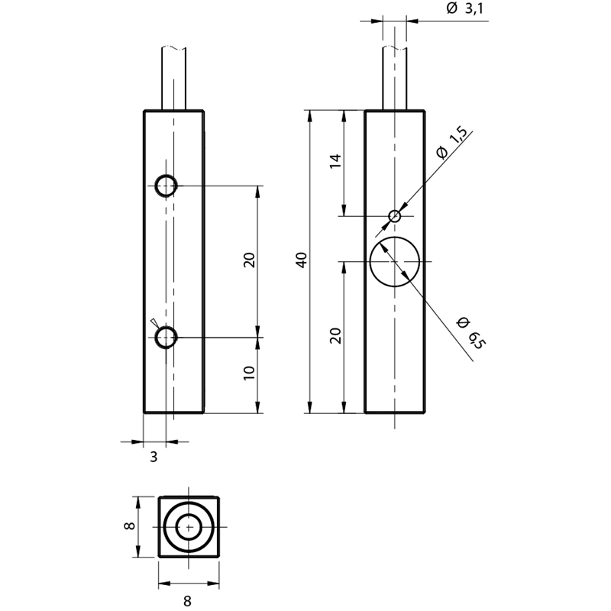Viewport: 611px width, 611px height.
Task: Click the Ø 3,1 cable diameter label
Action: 464,8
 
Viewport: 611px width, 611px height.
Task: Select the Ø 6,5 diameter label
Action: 471,333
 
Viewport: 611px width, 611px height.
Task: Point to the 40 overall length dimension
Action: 302,260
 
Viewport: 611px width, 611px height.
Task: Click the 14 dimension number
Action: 335,161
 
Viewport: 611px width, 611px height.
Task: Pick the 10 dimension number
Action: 249,373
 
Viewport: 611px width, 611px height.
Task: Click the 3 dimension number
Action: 154,457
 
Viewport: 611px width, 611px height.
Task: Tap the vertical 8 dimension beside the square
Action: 129,525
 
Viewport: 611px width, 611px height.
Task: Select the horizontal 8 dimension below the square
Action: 187,600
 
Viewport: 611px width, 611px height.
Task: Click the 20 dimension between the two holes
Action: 249,260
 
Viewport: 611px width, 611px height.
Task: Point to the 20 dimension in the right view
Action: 335,336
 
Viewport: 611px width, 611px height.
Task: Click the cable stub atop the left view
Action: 173,79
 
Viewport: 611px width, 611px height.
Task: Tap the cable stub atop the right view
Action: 394,79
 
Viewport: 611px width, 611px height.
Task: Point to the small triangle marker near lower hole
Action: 154,322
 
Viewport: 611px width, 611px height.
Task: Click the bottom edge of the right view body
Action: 395,412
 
